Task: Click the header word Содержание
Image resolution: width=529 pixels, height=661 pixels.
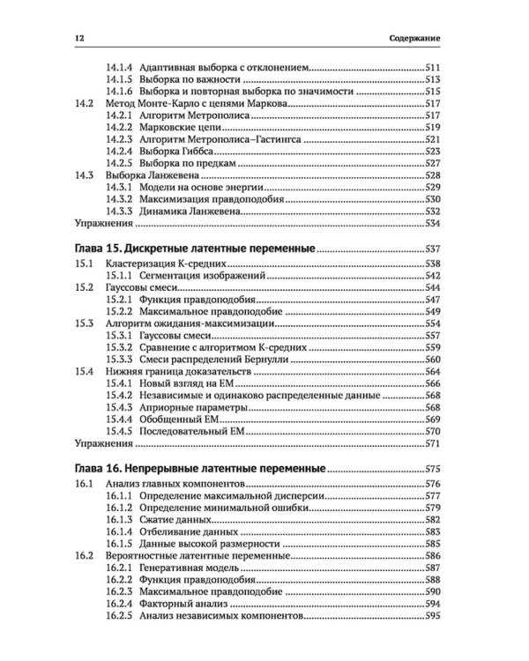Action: coord(414,40)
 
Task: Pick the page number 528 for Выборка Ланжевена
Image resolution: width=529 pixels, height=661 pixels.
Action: coord(432,175)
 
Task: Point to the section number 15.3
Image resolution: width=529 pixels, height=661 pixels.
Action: coord(85,324)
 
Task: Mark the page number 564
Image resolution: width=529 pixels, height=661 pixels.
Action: coord(432,373)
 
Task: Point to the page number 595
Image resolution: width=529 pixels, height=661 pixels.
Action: coord(432,617)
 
